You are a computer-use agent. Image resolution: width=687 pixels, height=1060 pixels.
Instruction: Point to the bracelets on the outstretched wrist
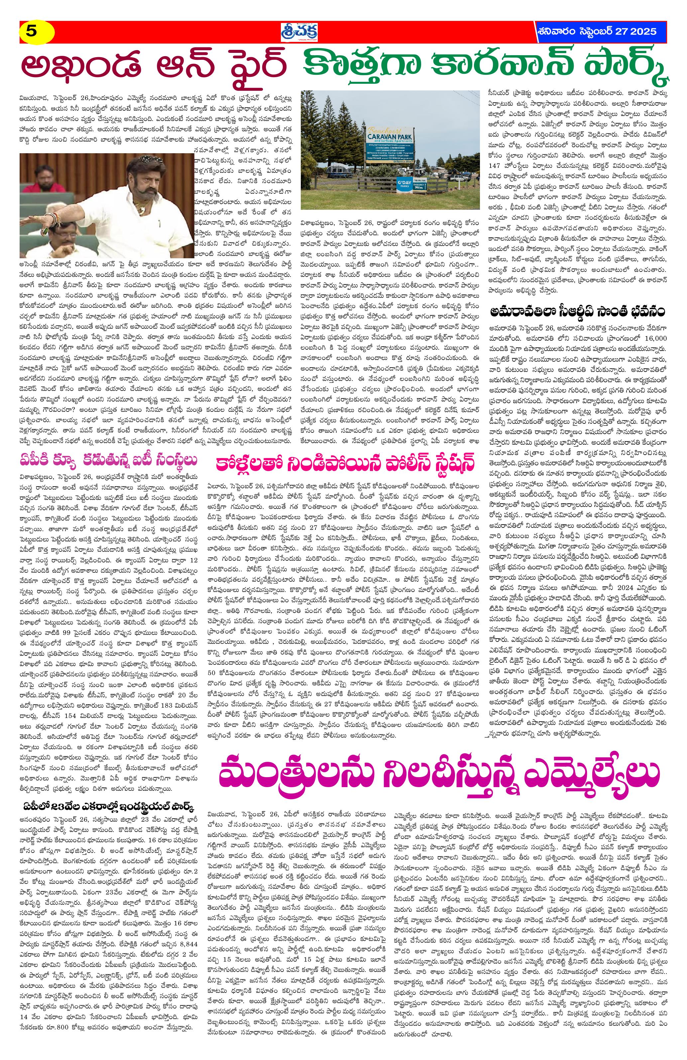click(x=53, y=217)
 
